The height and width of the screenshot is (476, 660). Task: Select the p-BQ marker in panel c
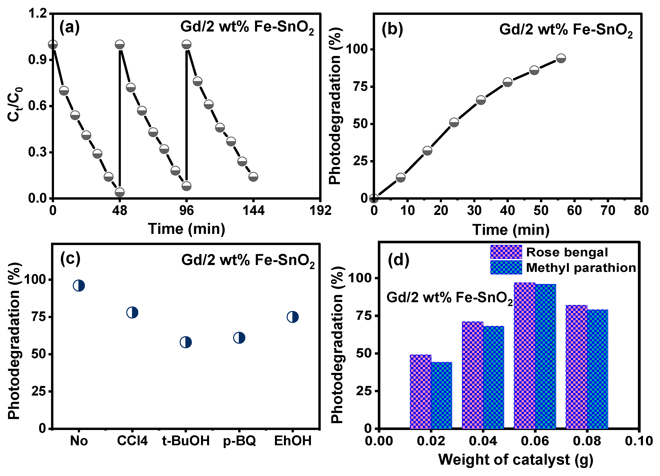[x=239, y=338]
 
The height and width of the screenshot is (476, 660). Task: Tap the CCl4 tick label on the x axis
[x=132, y=441]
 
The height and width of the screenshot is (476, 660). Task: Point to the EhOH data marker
[x=293, y=317]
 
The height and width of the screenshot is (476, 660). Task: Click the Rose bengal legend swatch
[x=506, y=252]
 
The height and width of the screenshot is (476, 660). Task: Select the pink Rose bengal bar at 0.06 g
[x=524, y=355]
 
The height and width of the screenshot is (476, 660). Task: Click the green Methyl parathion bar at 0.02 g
[x=441, y=395]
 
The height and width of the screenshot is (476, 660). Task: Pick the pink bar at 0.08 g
[x=576, y=367]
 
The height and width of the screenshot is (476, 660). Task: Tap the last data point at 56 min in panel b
[x=561, y=58]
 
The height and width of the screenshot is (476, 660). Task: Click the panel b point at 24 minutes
[x=454, y=122]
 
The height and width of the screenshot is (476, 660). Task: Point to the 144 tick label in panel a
[x=253, y=210]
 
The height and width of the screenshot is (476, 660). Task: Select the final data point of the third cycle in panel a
[x=253, y=177]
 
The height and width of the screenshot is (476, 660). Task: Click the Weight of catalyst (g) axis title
[x=516, y=460]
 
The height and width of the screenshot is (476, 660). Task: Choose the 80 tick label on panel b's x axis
[x=641, y=211]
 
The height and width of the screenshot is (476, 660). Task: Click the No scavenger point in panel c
[x=79, y=286]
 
